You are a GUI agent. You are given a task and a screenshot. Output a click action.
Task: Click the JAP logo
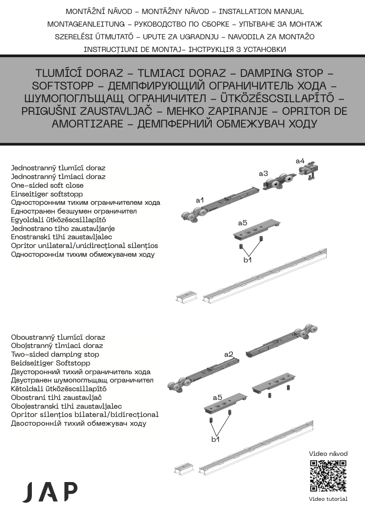pyautogui.click(x=50, y=492)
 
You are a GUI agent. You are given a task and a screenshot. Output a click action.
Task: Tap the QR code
pyautogui.click(x=328, y=476)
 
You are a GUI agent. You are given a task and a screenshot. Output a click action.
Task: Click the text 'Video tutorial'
pyautogui.click(x=328, y=499)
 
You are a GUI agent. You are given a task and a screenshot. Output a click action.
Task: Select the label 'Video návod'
pyautogui.click(x=328, y=453)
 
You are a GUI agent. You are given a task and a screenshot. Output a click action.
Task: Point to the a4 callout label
pyautogui.click(x=300, y=161)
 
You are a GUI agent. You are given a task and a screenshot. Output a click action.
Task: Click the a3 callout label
pyautogui.click(x=263, y=174)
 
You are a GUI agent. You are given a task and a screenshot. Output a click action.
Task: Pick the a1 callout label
pyautogui.click(x=200, y=200)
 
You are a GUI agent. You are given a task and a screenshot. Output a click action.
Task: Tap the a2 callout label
pyautogui.click(x=229, y=354)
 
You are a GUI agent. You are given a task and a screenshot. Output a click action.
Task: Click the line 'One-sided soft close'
pyautogui.click(x=47, y=185)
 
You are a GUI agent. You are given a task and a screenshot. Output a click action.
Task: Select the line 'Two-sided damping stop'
pyautogui.click(x=55, y=354)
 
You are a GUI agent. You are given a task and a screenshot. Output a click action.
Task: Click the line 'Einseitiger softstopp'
pyautogui.click(x=47, y=194)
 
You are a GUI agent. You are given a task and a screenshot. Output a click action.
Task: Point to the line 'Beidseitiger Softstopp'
pyautogui.click(x=51, y=363)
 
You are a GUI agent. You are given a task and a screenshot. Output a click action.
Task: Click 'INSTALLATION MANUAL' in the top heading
pyautogui.click(x=261, y=11)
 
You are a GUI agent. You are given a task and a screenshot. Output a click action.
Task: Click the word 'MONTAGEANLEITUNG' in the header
pyautogui.click(x=86, y=24)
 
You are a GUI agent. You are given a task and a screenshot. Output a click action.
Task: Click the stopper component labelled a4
pyautogui.click(x=309, y=170)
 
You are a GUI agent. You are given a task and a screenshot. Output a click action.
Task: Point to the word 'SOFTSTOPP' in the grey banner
pyautogui.click(x=63, y=86)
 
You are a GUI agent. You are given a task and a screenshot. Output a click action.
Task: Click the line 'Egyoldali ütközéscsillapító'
pyautogui.click(x=59, y=220)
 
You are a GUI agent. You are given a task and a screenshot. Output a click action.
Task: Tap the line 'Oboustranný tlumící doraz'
pyautogui.click(x=58, y=337)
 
